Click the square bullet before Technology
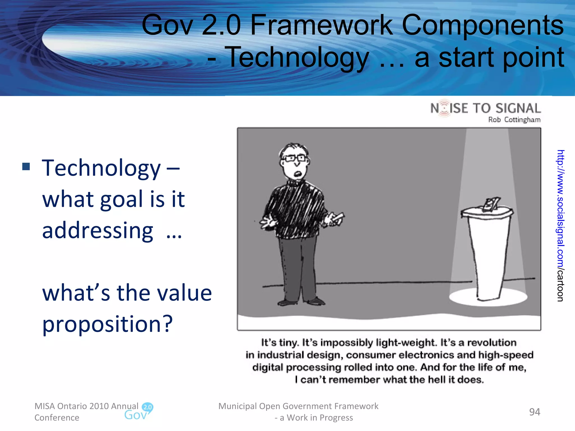[x=26, y=167]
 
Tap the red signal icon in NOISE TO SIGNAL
[x=444, y=108]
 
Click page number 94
[x=534, y=412]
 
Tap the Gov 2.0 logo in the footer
[x=139, y=412]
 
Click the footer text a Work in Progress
[x=316, y=418]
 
